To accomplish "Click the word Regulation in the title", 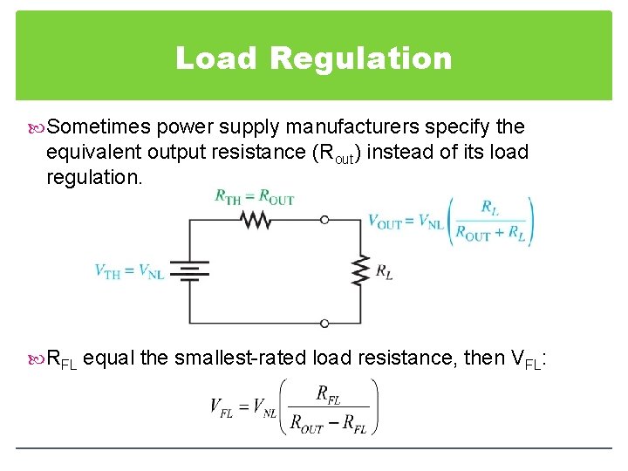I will (x=361, y=58).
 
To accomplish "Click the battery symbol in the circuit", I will (x=189, y=271).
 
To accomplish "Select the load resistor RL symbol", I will (x=358, y=271).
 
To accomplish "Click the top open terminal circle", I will (x=324, y=220).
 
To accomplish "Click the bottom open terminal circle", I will (x=324, y=323).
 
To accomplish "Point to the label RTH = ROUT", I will (x=255, y=197).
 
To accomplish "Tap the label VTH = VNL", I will (x=129, y=271).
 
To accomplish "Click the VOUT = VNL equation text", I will (x=406, y=222).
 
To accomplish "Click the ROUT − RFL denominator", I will (x=328, y=426).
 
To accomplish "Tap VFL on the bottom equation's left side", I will (x=221, y=406).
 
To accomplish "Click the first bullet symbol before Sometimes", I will (x=36, y=127).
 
